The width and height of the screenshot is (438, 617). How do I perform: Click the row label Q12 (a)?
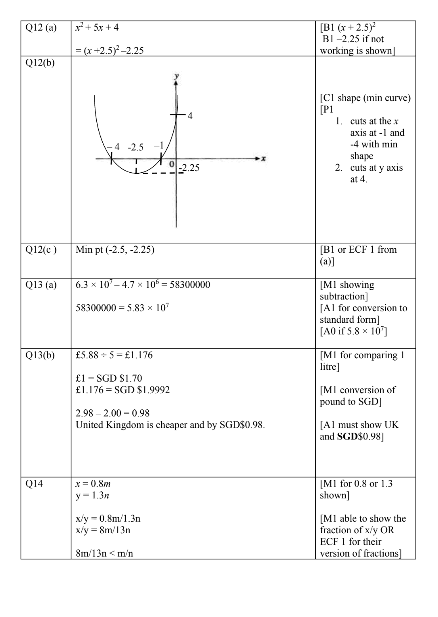tap(41, 28)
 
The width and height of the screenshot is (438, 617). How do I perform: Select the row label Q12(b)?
tap(40, 63)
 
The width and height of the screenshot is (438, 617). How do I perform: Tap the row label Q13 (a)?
tap(41, 285)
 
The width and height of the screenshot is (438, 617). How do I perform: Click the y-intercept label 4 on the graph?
tap(190, 116)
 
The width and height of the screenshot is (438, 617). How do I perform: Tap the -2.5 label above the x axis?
tap(135, 147)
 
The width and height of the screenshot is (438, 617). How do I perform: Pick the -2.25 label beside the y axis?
tap(189, 168)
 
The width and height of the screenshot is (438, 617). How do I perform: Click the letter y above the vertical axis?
tap(176, 76)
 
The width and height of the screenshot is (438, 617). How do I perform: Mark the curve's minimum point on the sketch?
tap(136, 173)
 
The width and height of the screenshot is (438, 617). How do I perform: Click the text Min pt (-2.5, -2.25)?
tap(115, 250)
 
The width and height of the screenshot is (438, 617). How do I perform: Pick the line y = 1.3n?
tap(92, 495)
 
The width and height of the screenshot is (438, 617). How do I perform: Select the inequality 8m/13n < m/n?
tap(104, 553)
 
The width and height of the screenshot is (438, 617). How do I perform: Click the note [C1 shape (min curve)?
tap(365, 98)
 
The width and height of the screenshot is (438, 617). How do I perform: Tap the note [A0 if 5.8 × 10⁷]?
tap(353, 332)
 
